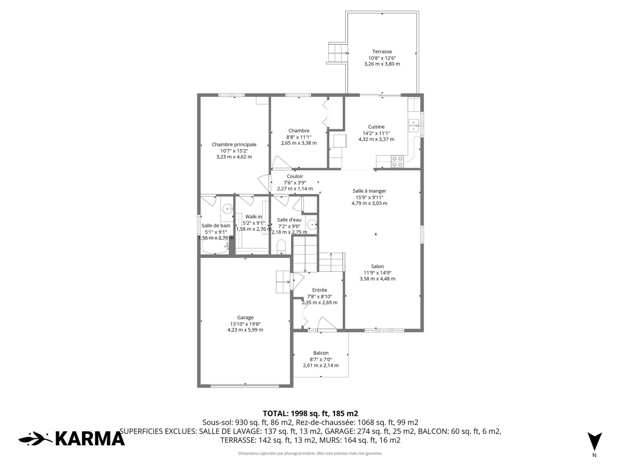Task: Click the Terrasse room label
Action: click(x=382, y=51)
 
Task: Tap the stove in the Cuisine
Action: click(x=397, y=161)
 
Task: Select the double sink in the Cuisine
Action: click(x=414, y=126)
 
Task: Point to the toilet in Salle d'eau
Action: click(x=282, y=247)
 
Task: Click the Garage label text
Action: click(x=245, y=318)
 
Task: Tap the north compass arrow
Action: click(x=594, y=441)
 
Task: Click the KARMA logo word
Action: click(x=90, y=438)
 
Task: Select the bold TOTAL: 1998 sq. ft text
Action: click(x=310, y=413)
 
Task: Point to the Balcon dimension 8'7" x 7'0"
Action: click(x=321, y=359)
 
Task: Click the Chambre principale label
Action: click(x=234, y=145)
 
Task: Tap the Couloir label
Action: click(x=295, y=176)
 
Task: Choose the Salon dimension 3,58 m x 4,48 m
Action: click(x=377, y=279)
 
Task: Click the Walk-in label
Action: click(x=254, y=217)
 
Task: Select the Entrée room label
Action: click(x=320, y=290)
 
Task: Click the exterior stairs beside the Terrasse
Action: click(x=337, y=53)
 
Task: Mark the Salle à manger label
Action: click(x=369, y=191)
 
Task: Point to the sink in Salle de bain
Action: click(x=228, y=209)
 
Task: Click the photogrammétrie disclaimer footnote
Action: click(x=310, y=453)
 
